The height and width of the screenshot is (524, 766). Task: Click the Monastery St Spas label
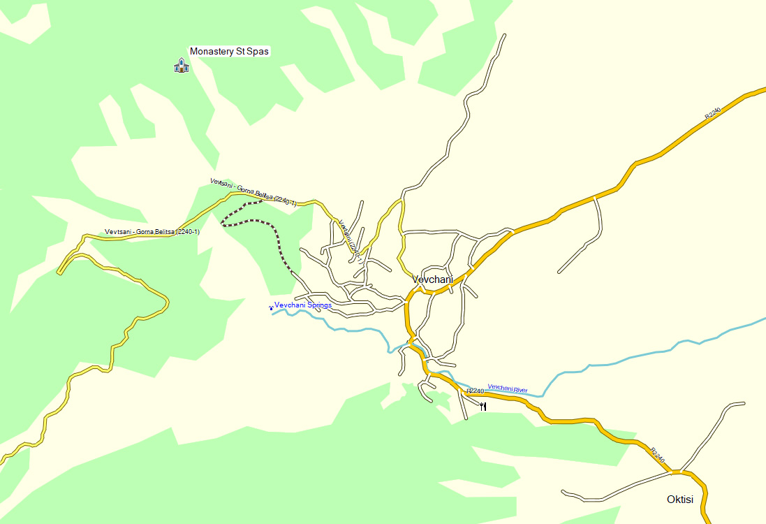coord(229,51)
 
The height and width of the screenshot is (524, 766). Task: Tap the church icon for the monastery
coord(182,66)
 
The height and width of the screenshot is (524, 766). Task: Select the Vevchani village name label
coord(432,279)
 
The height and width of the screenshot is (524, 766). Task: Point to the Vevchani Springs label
coord(302,305)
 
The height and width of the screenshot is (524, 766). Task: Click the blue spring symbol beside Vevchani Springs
coord(271,307)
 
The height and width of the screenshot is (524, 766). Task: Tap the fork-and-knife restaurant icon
coord(483,406)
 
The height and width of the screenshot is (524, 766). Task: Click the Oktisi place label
coord(679,500)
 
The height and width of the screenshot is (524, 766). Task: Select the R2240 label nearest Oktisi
coord(657,455)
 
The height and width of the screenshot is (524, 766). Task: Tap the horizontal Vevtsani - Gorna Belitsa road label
coord(152,231)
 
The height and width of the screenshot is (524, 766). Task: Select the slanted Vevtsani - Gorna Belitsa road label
coord(253,192)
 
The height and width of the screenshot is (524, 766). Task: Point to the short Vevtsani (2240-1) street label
coord(350,241)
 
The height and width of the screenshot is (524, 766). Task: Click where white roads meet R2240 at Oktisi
coord(675,473)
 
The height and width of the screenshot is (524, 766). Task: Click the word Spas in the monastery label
coord(258,51)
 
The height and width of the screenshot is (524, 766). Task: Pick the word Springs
coord(318,305)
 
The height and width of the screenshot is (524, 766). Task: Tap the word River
coord(520,388)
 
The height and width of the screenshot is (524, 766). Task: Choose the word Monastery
coord(212,51)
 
